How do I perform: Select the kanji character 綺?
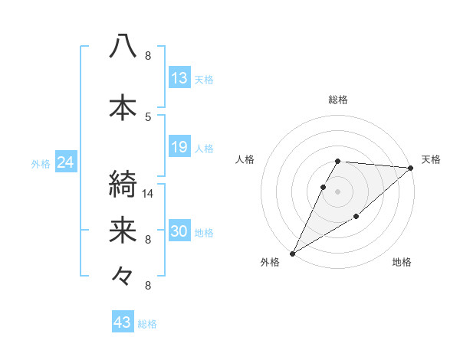pos(123,185)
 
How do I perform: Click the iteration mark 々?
pos(123,275)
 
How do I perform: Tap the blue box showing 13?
pos(179,78)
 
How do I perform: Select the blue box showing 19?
pos(179,147)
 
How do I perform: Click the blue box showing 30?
pos(179,231)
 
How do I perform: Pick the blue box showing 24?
pos(65,162)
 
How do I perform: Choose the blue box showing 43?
pos(123,322)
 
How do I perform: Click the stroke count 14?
pos(149,193)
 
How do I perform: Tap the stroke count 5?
pos(148,116)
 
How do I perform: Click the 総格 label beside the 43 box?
pos(147,324)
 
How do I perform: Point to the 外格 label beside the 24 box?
pos(41,163)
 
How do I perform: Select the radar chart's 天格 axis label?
pos(431,159)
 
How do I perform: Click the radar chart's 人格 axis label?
pos(245,159)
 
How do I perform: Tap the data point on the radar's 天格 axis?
pos(411,168)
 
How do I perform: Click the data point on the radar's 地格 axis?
pos(356,218)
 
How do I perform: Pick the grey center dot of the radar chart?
pos(337,191)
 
